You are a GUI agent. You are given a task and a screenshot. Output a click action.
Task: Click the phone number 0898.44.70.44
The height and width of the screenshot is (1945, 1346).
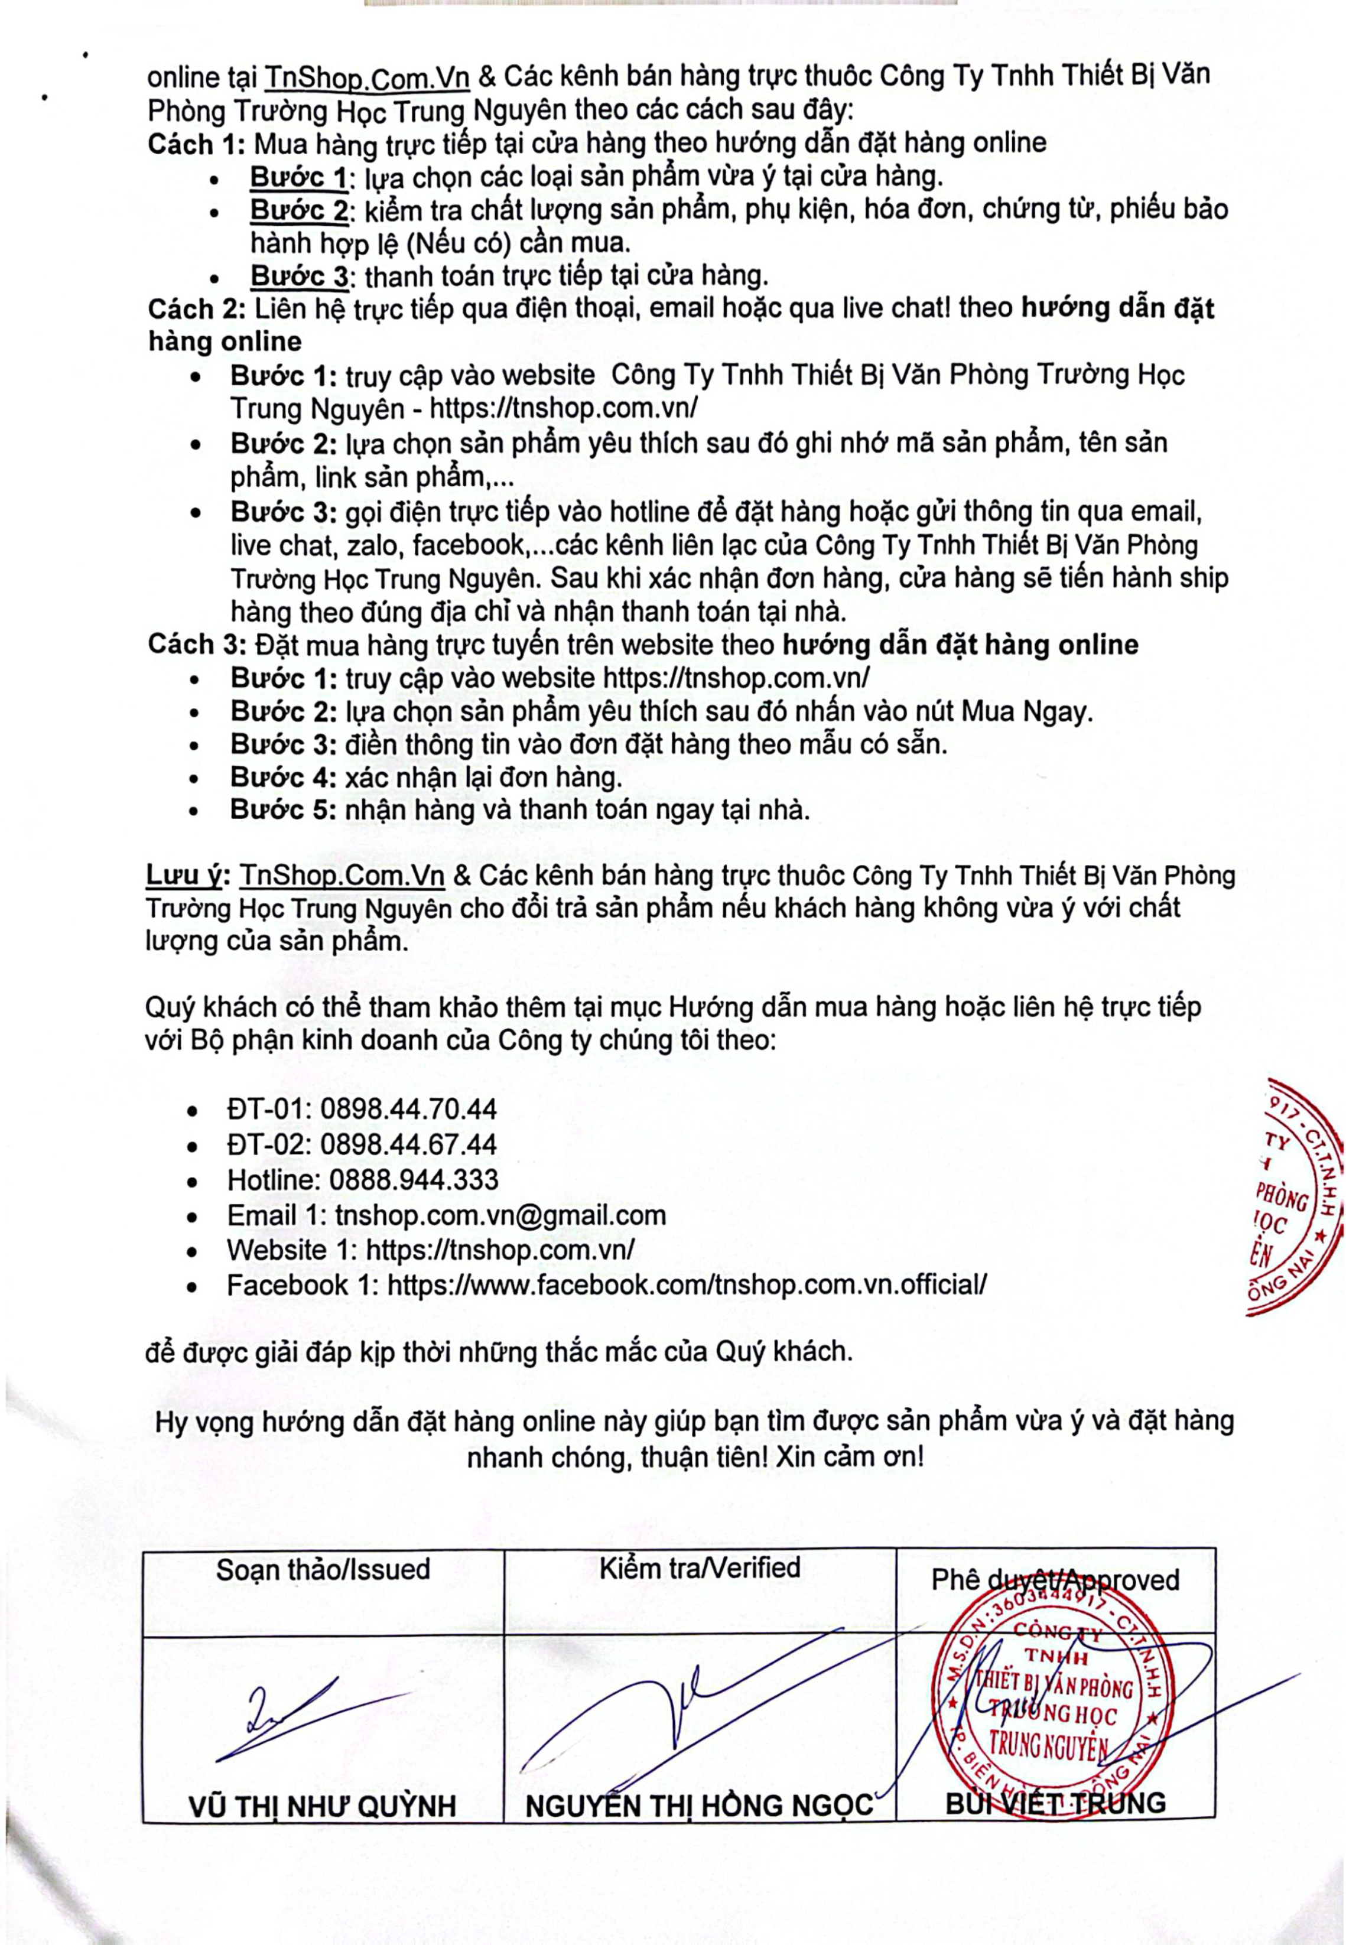409,1108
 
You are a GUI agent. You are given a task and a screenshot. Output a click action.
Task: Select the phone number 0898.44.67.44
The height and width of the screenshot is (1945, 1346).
409,1144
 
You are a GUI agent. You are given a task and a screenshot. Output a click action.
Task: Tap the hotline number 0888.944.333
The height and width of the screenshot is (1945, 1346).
413,1179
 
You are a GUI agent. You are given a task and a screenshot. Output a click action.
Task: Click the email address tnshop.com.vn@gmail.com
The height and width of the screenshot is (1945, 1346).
500,1215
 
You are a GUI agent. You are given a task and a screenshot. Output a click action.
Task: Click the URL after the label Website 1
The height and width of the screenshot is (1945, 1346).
500,1250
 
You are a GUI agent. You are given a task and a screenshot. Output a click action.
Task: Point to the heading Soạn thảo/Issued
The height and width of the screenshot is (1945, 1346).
323,1570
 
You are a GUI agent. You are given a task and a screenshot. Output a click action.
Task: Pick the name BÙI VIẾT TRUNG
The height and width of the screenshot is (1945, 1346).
1055,1803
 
